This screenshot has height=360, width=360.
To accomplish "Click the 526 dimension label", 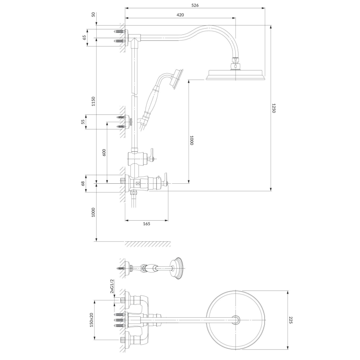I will pos(195,5).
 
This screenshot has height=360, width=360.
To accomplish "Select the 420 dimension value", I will pos(180,15).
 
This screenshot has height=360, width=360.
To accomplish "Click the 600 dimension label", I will pos(104,152).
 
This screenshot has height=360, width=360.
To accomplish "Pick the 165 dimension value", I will pos(146,224).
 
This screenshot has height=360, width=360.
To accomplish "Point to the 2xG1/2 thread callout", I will pos(112,287).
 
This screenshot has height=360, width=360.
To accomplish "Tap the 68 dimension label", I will pos(83,183).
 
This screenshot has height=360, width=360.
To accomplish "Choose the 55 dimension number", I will pos(83,122).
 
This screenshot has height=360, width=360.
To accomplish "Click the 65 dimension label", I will pos(84,37).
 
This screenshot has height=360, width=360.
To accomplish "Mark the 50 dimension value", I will pos(93,15).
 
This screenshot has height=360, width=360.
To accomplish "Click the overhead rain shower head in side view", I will pos(235,75).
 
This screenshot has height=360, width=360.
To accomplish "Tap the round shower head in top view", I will pos(236,320).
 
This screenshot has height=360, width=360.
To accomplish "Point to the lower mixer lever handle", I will pos(165,180).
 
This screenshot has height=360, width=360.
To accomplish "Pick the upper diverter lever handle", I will pos(152,154).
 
